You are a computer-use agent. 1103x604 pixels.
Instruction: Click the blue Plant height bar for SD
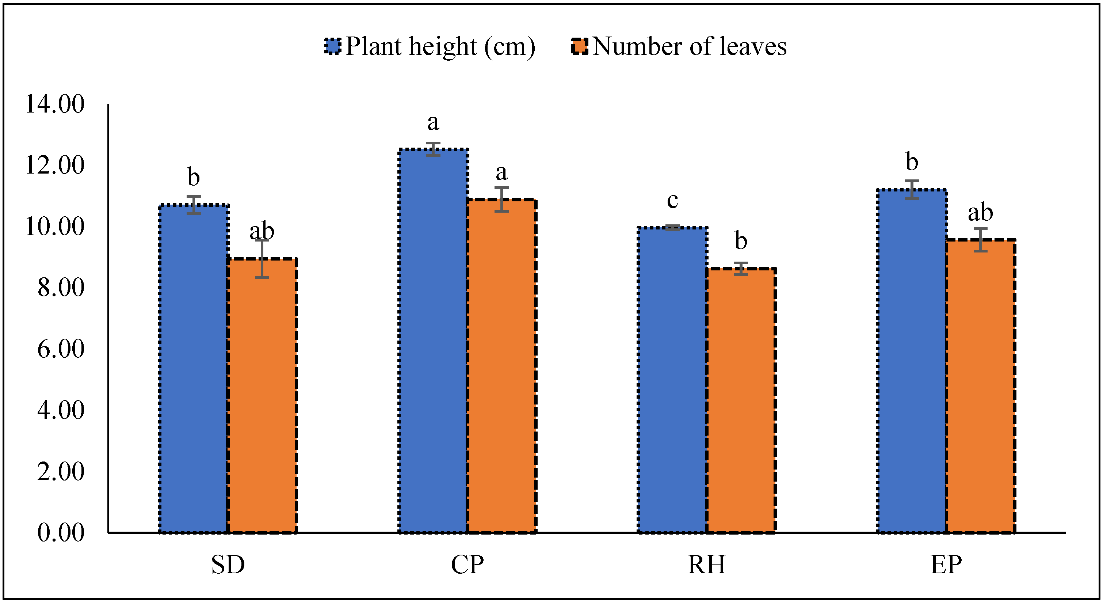click(194, 368)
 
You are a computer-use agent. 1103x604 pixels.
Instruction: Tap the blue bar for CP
click(433, 341)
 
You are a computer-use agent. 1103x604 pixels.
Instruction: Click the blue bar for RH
click(672, 380)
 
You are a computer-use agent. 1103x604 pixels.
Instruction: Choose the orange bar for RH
click(741, 400)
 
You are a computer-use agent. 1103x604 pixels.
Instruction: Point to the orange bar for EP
click(980, 385)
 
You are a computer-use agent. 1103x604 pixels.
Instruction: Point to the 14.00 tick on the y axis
click(55, 104)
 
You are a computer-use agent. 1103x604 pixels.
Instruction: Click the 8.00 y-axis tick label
click(61, 288)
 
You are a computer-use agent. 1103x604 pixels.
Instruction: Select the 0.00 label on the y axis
click(61, 532)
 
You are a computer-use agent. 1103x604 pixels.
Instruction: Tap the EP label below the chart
click(946, 565)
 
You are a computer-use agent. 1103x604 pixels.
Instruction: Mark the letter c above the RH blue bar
click(672, 201)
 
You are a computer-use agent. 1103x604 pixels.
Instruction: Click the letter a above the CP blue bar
click(433, 123)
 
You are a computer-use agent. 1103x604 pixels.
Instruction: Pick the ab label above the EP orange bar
click(980, 212)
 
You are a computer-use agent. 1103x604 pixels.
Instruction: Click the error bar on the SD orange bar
click(262, 259)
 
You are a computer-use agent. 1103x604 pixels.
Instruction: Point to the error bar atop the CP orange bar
click(501, 199)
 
